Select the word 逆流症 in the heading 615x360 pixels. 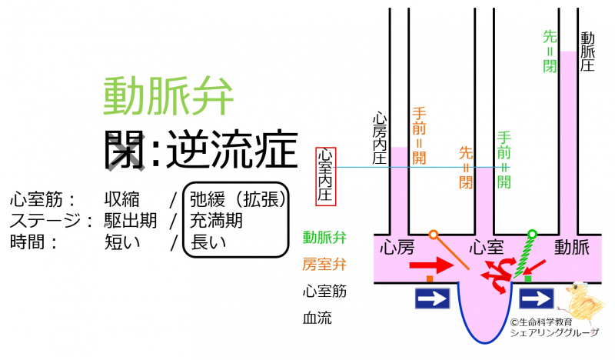[231, 148]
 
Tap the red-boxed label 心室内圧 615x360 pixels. [326, 175]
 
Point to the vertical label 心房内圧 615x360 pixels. [378, 138]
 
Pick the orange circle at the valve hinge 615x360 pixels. [434, 234]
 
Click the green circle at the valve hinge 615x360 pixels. [531, 233]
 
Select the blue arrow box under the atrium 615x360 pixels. [432, 298]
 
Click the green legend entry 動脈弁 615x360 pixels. [324, 236]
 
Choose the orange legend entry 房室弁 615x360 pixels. [324, 263]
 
